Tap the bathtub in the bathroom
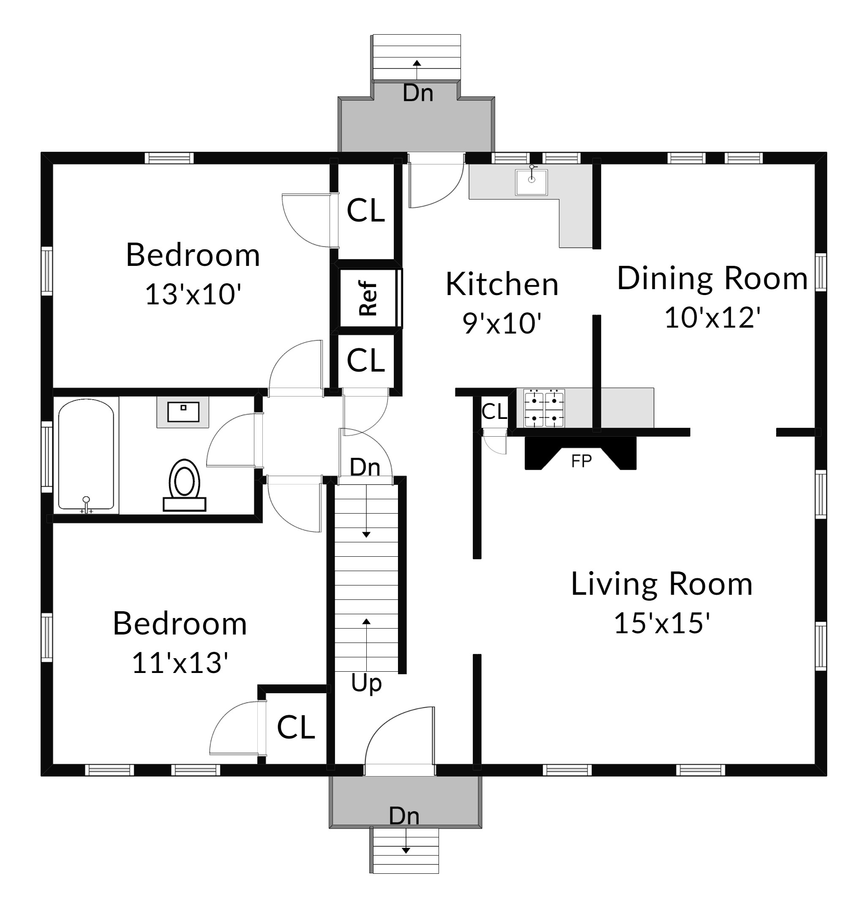click(86, 455)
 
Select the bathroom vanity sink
click(183, 412)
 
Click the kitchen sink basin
click(531, 182)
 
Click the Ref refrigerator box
click(368, 298)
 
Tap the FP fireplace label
click(581, 461)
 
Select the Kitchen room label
click(502, 284)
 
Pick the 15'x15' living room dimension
click(662, 623)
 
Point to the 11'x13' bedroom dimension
click(180, 662)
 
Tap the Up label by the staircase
click(366, 684)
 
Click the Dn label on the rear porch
click(418, 93)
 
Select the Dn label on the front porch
click(404, 816)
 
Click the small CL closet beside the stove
click(494, 411)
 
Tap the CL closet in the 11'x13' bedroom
click(296, 727)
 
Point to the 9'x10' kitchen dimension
click(502, 323)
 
